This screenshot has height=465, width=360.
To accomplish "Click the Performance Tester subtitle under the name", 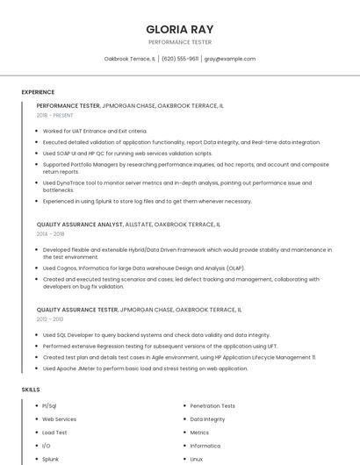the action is click(x=179, y=41).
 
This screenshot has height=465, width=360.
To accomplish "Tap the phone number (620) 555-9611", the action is click(x=180, y=59).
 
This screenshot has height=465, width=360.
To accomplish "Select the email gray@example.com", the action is click(x=230, y=59).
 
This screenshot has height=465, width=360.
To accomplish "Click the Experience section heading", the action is click(x=38, y=92).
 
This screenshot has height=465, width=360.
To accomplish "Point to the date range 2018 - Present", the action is click(x=55, y=115).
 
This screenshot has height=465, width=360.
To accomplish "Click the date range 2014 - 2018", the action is click(x=50, y=234).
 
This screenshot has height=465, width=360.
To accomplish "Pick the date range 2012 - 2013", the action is click(x=50, y=318).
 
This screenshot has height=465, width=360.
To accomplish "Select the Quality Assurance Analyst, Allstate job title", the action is click(x=128, y=225).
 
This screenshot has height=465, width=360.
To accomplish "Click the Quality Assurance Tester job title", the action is click(x=139, y=310).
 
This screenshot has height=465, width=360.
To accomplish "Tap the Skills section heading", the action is click(x=31, y=389).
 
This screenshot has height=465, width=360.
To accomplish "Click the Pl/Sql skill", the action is click(x=49, y=406).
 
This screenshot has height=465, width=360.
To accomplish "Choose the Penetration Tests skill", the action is click(x=212, y=406).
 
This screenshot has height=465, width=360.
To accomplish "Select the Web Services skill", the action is click(x=59, y=419).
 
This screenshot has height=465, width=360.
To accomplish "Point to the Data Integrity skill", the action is click(x=207, y=419).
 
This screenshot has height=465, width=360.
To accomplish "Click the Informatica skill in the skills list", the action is click(x=205, y=446).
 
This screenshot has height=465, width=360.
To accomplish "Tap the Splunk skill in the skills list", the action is click(x=51, y=459).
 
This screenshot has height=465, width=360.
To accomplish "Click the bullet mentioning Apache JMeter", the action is click(x=145, y=368).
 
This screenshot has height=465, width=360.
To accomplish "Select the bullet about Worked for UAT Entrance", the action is click(x=95, y=132).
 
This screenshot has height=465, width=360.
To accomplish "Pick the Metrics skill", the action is click(x=199, y=433).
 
